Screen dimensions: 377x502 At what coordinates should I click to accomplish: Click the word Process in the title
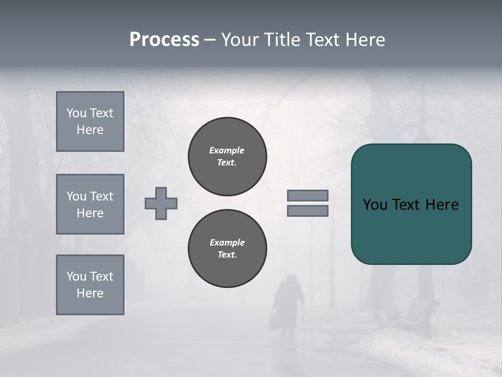pos(164,40)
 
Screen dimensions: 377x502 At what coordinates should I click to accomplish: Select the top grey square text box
pos(90,121)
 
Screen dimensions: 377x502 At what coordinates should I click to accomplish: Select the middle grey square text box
pos(90,204)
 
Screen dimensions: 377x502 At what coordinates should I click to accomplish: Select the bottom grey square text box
pos(90,285)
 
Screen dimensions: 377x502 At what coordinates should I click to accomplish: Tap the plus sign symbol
pos(161,203)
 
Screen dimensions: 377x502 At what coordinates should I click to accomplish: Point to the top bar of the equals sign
pos(308,195)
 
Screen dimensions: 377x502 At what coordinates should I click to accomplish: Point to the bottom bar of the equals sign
pos(308,210)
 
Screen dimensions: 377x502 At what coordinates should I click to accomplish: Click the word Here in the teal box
pos(442,205)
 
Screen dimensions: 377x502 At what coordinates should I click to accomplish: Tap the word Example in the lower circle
pos(227,242)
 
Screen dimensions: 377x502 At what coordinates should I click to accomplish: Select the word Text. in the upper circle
pos(227,162)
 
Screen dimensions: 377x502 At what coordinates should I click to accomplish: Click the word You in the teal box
pos(374,205)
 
